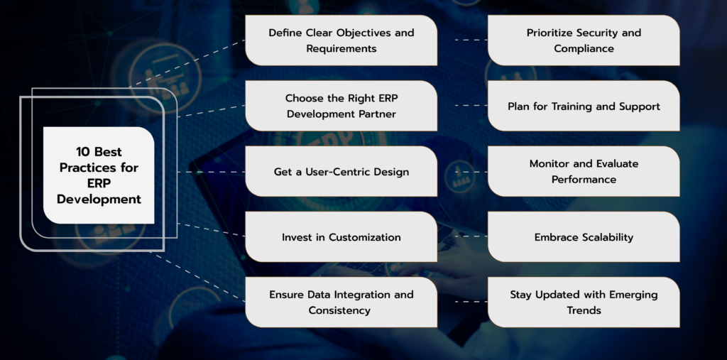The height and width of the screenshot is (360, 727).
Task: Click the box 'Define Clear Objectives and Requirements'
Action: point(341,40)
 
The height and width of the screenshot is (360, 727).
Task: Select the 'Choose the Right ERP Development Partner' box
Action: point(341,106)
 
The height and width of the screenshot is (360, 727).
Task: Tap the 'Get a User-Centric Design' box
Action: point(341,172)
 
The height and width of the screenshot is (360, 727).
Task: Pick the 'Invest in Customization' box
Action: point(341,237)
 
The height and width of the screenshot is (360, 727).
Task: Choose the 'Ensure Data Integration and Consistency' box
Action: point(341,302)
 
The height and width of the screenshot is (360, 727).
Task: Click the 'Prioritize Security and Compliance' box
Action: point(584,40)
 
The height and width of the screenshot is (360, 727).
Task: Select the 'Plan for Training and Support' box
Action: point(584,106)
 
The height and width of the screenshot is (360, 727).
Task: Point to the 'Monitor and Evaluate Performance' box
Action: point(584,172)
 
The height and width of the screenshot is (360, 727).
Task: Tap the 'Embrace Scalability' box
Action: point(584,237)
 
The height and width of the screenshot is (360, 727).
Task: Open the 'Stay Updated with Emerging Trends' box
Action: point(584,302)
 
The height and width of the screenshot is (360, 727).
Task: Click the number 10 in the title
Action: point(84,151)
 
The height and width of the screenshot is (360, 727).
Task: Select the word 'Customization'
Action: point(365,237)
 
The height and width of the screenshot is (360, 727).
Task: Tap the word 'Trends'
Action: point(584,310)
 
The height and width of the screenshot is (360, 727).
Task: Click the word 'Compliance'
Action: point(584,49)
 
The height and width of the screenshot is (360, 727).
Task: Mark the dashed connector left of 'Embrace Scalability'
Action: point(462,236)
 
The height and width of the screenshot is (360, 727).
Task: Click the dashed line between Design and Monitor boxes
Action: point(462,172)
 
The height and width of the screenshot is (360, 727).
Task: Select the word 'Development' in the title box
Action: point(99,200)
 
